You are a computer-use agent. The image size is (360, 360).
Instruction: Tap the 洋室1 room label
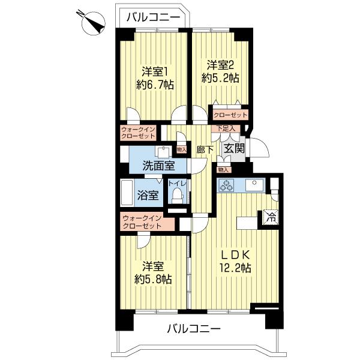coord(155,72)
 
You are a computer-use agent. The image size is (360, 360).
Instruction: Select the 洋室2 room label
coord(220,65)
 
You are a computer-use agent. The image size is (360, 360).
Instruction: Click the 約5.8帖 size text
coord(153,279)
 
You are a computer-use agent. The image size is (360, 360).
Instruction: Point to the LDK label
coord(235,254)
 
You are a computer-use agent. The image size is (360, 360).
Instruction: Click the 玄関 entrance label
coord(234,149)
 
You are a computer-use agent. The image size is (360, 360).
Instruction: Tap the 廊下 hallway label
coord(205,149)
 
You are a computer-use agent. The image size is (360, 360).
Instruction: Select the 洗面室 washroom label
coord(159,166)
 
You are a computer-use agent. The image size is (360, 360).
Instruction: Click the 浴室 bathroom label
coord(148,196)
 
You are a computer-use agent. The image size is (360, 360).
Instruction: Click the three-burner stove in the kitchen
coord(227,185)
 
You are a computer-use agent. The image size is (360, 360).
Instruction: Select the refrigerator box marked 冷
coord(271,217)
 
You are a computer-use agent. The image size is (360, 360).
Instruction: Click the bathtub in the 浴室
coord(127,193)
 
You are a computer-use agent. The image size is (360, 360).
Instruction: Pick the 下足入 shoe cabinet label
coord(226,128)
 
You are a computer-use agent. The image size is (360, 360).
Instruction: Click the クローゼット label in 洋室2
coord(230,115)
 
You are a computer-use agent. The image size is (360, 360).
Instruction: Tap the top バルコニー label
coord(153,17)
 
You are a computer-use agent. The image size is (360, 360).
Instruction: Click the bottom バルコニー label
coord(193,329)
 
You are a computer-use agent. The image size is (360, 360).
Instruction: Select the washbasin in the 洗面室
coord(163,151)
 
